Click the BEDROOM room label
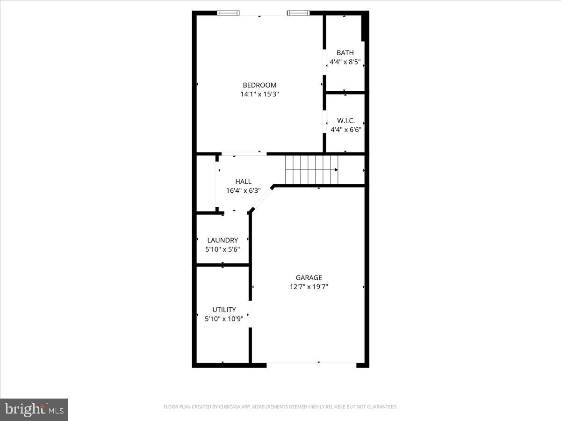click(259, 85)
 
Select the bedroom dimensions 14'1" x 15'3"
click(259, 94)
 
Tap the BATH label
click(345, 53)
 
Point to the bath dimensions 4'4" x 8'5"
click(345, 62)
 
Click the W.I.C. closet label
click(345, 121)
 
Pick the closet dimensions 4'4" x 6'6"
click(345, 130)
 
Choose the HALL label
click(243, 181)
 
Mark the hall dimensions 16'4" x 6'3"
click(243, 190)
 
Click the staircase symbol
click(311, 170)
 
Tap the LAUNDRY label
click(223, 240)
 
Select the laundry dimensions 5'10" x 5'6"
click(223, 249)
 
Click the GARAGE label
click(309, 278)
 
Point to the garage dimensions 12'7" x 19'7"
click(309, 287)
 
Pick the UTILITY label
click(224, 310)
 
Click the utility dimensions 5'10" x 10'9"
click(224, 319)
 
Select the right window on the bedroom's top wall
click(298, 13)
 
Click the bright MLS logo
click(34, 409)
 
